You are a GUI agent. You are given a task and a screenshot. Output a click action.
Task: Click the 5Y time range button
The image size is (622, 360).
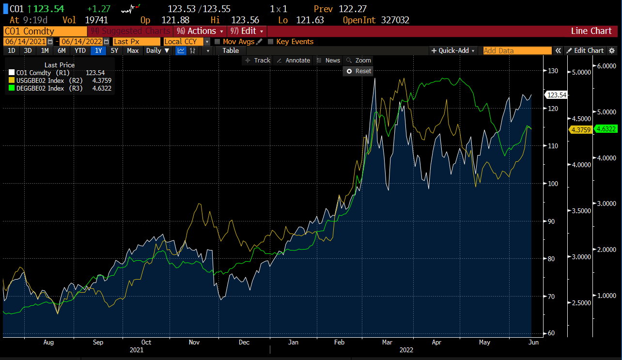click(115, 50)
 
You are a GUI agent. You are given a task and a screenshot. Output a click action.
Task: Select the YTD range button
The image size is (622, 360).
click(80, 50)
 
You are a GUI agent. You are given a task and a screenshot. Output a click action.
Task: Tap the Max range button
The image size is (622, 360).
click(133, 50)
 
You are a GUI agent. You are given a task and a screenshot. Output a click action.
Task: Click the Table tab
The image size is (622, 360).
click(231, 50)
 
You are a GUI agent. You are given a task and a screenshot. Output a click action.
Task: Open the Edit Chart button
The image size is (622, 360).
click(585, 50)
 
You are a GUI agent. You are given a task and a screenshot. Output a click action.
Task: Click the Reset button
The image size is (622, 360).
click(358, 71)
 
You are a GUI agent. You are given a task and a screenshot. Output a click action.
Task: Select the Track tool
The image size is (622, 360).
click(258, 60)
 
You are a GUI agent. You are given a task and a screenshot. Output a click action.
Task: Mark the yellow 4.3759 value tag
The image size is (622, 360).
click(579, 129)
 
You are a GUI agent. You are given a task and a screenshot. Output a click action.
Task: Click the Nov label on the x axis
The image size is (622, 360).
click(194, 342)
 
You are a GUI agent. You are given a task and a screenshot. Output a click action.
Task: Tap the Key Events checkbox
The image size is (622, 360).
click(270, 42)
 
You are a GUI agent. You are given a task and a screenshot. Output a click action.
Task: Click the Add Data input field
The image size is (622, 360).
click(517, 50)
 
